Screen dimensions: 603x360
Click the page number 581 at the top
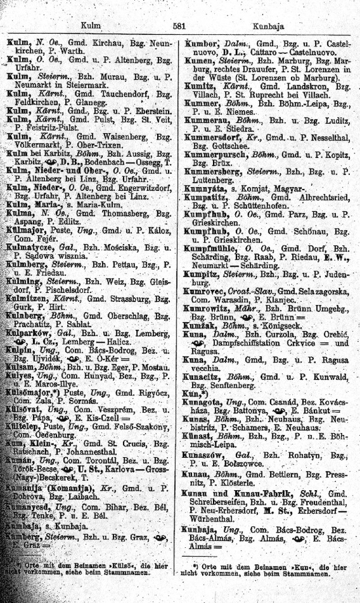(x=178, y=26)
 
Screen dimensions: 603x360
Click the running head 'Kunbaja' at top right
(x=269, y=26)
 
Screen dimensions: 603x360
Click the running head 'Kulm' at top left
(x=89, y=26)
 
